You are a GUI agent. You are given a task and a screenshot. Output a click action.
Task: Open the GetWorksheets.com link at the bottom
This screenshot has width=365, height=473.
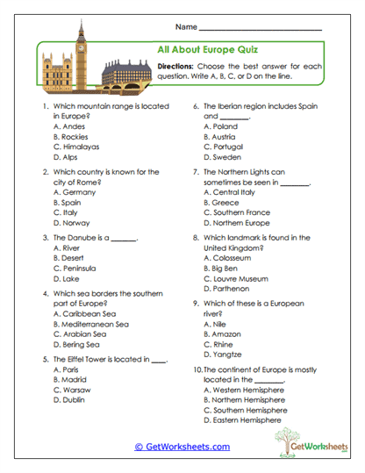tap(182, 447)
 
